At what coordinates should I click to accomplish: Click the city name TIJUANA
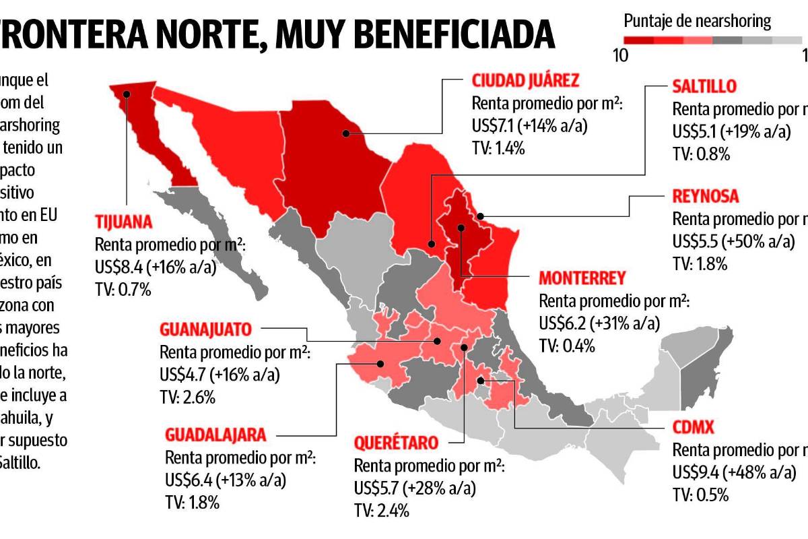tap(125, 223)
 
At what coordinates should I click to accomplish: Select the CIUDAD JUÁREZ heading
tap(525, 82)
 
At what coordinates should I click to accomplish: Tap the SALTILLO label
tap(704, 86)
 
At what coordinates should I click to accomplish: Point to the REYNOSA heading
tap(706, 197)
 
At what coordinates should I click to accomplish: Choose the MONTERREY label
tap(582, 278)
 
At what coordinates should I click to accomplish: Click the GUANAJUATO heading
tap(206, 330)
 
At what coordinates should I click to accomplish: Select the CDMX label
tap(693, 428)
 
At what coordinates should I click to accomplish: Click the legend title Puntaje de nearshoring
tap(697, 21)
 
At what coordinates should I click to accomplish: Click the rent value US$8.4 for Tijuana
tap(124, 267)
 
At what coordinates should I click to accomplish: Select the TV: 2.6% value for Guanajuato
tap(187, 398)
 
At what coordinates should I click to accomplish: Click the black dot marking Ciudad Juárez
tap(345, 133)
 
